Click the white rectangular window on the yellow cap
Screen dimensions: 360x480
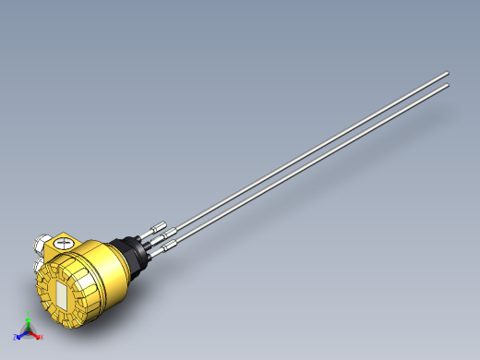(x=61, y=295)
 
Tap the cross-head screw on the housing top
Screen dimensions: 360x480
(x=63, y=243)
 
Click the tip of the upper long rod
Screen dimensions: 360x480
(x=447, y=72)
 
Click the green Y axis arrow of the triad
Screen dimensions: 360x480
(x=28, y=322)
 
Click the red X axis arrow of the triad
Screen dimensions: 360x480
(x=36, y=335)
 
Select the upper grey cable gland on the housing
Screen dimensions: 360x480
(x=42, y=245)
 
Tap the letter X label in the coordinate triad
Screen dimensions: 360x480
(x=42, y=338)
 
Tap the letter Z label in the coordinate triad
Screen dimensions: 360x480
(x=14, y=338)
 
